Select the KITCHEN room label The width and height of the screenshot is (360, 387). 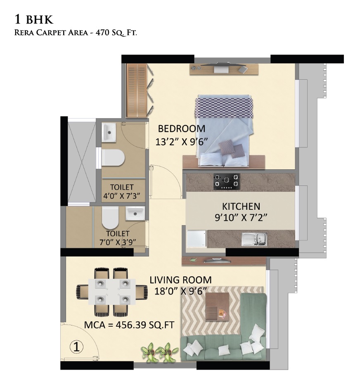(241, 206)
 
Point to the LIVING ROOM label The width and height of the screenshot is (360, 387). (180, 280)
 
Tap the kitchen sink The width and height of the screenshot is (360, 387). (254, 239)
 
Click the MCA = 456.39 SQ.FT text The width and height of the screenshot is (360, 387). (128, 325)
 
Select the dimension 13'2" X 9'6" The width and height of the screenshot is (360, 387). (181, 142)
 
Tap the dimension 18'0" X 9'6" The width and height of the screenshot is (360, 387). (181, 290)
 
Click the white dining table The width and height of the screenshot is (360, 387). (112, 291)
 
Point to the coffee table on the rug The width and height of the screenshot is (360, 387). (217, 306)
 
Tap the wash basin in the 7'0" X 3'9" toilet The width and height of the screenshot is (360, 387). (134, 214)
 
